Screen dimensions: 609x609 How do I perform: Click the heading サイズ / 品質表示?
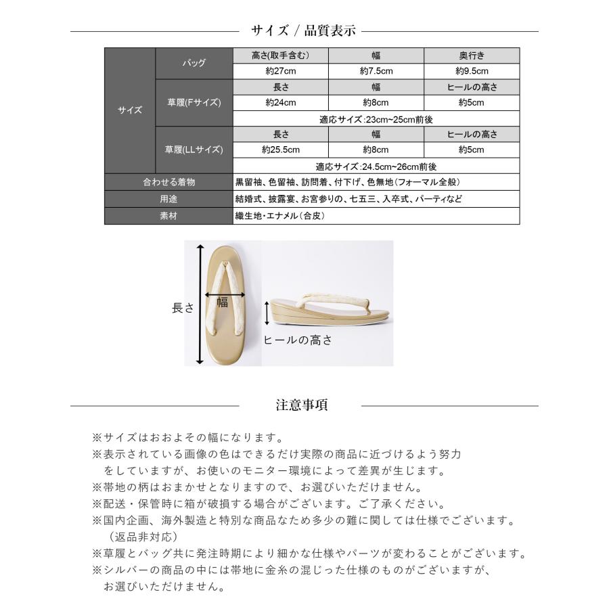[304, 30]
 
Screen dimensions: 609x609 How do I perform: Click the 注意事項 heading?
[302, 405]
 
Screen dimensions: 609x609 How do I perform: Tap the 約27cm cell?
[280, 71]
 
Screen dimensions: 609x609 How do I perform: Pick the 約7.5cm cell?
[376, 71]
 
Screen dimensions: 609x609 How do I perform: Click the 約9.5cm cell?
[472, 71]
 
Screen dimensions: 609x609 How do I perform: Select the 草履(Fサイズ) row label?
[194, 103]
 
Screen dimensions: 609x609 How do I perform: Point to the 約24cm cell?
[280, 103]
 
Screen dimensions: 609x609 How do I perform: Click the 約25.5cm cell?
[280, 150]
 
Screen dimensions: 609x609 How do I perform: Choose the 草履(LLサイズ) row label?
[194, 150]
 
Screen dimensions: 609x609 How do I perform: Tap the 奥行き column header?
[472, 55]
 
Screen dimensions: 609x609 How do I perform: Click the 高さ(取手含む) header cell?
[280, 55]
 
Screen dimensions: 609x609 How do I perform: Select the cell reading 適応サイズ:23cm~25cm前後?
[376, 119]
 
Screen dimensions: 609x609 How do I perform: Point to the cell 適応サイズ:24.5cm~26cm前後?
[376, 166]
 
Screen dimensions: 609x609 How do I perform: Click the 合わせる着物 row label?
[168, 182]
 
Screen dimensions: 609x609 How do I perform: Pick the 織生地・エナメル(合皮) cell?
[376, 216]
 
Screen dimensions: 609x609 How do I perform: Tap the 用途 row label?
[168, 200]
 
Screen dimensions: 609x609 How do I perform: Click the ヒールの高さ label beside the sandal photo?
[298, 340]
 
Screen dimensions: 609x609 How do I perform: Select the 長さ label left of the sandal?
[183, 307]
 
